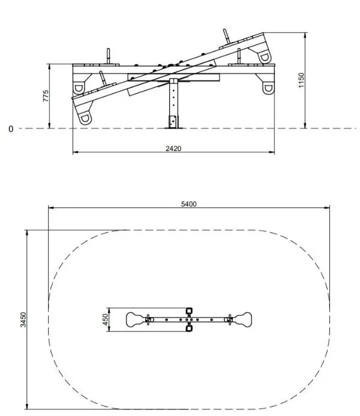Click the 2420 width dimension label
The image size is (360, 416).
(x=173, y=148)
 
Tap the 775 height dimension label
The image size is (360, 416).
(x=46, y=96)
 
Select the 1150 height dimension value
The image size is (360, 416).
(x=301, y=80)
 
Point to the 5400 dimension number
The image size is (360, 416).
(x=189, y=204)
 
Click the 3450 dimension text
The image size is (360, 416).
(x=23, y=319)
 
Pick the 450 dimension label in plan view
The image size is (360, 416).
(x=106, y=319)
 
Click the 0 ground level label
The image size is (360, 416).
(x=11, y=129)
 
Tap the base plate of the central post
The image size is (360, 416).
(x=173, y=128)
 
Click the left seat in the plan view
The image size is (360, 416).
(x=136, y=319)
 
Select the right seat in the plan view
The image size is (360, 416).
(x=242, y=319)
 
